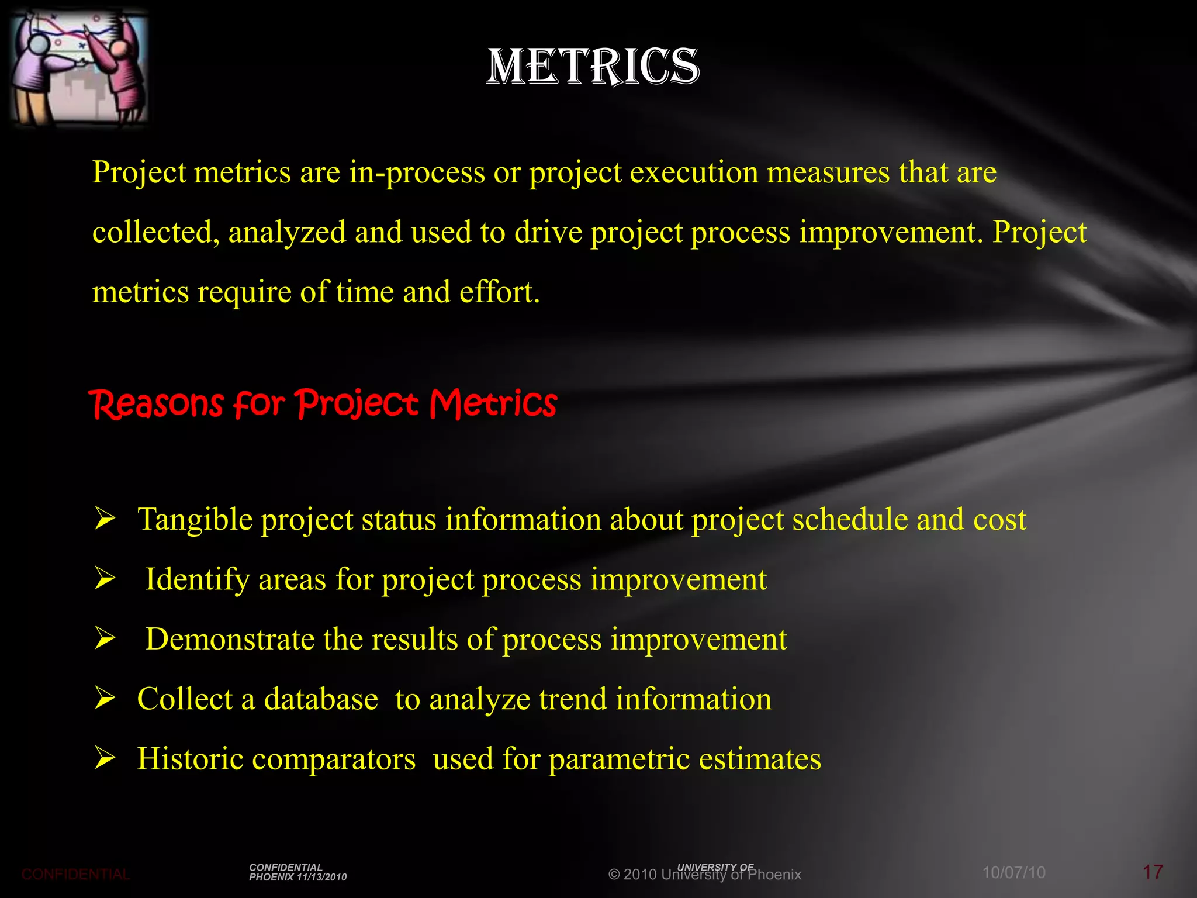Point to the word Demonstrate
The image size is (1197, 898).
pos(230,639)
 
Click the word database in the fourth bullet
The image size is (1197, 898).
pos(321,699)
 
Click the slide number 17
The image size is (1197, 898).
pos(1153,872)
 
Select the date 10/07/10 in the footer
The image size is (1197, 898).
pos(1013,873)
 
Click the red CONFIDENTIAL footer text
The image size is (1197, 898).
pos(75,875)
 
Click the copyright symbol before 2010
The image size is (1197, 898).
pos(614,875)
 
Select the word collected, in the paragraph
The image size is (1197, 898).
pos(155,233)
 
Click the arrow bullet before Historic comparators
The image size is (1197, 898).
pos(105,758)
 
